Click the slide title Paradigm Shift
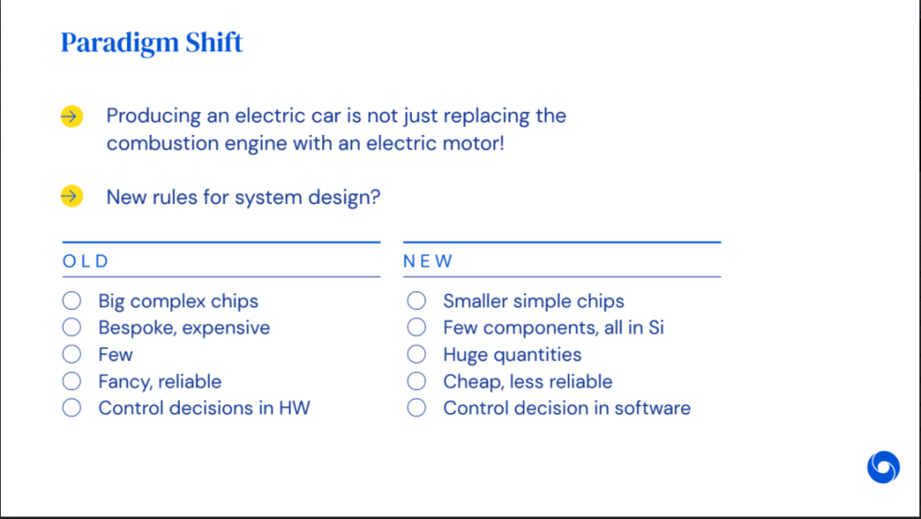152,43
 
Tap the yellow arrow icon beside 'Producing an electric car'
72,116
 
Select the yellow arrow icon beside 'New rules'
72,196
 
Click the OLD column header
86,261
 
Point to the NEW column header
427,261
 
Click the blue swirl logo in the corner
883,467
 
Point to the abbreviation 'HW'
294,408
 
